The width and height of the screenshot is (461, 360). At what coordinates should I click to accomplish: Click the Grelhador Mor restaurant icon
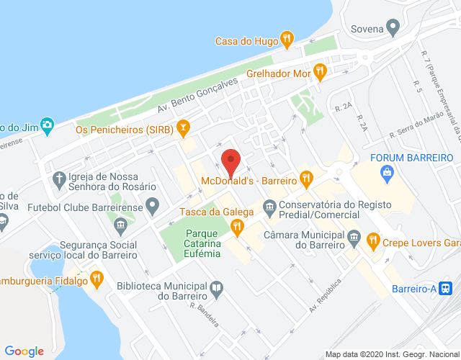(321, 70)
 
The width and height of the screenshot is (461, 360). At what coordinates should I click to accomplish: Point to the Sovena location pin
(393, 29)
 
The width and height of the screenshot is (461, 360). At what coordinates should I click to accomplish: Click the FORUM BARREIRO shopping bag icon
(388, 172)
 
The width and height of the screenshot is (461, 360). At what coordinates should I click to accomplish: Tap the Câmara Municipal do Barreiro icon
(354, 236)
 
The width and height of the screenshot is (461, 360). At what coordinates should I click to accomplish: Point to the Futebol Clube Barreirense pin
(152, 207)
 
